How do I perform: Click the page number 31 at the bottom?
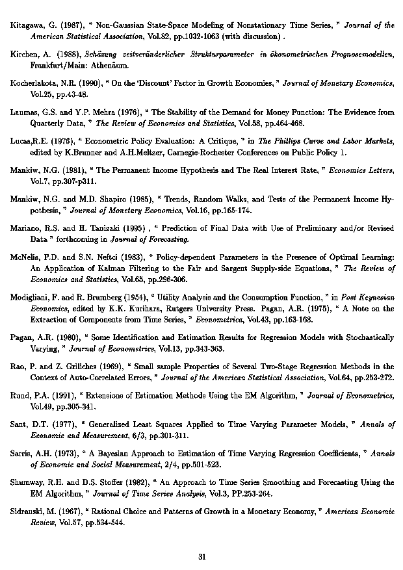[201, 556]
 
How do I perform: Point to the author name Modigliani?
[32, 298]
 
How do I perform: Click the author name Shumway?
[30, 483]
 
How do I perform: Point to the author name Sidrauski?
[31, 512]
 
